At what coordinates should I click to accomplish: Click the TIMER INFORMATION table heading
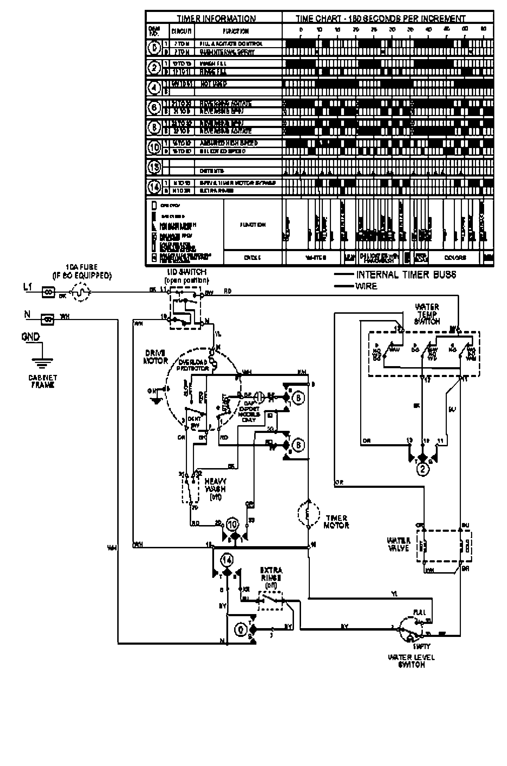click(x=216, y=18)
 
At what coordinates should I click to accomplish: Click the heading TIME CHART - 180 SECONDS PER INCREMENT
click(x=380, y=18)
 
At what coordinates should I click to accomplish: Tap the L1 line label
click(x=28, y=287)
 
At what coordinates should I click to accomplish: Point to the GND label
click(x=31, y=337)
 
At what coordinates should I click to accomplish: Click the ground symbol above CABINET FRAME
click(x=42, y=363)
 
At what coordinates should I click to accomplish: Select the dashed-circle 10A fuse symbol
click(x=81, y=292)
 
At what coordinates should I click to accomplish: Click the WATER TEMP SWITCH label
click(x=427, y=314)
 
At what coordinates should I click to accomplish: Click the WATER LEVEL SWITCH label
click(x=411, y=661)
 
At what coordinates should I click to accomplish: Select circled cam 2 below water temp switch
click(x=423, y=470)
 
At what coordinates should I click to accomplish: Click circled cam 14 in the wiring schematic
click(x=227, y=559)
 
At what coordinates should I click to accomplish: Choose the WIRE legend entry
click(x=366, y=286)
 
